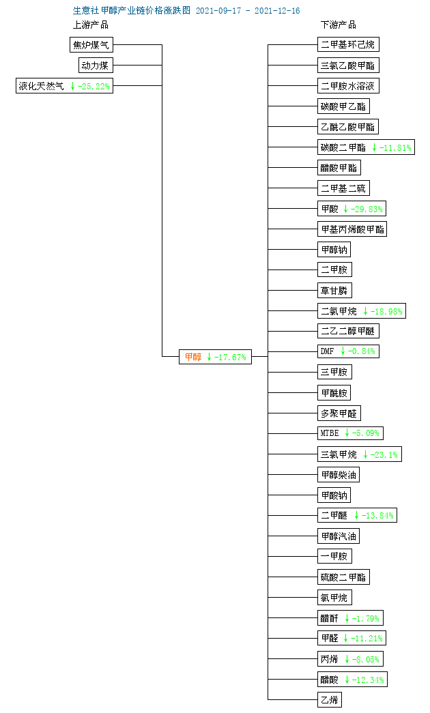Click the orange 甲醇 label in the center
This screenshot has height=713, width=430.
[x=193, y=357]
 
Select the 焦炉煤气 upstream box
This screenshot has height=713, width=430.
[x=91, y=44]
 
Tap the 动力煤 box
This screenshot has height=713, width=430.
[x=95, y=65]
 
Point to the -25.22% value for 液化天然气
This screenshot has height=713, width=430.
[x=94, y=86]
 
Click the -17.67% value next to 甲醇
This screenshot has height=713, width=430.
[x=230, y=357]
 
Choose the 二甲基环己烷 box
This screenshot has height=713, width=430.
[x=348, y=44]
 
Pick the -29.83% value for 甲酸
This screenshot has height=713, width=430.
[x=367, y=209]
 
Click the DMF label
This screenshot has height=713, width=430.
[x=327, y=351]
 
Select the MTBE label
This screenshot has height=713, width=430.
[x=330, y=433]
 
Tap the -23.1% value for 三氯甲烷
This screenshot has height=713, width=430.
[x=384, y=454]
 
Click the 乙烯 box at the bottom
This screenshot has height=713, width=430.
[x=330, y=700]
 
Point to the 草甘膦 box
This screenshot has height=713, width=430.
[x=334, y=291]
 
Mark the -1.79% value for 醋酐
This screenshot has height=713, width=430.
[x=365, y=618]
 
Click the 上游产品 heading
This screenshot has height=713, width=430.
[x=91, y=25]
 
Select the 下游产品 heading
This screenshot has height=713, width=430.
[x=338, y=25]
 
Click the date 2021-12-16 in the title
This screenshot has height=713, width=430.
[x=277, y=10]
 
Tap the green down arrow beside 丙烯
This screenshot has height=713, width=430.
[x=347, y=659]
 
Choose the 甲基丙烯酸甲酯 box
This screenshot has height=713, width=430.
[x=353, y=229]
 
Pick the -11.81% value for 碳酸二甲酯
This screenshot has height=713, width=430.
[x=395, y=147]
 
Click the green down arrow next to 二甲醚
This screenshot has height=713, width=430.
[x=357, y=515]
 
